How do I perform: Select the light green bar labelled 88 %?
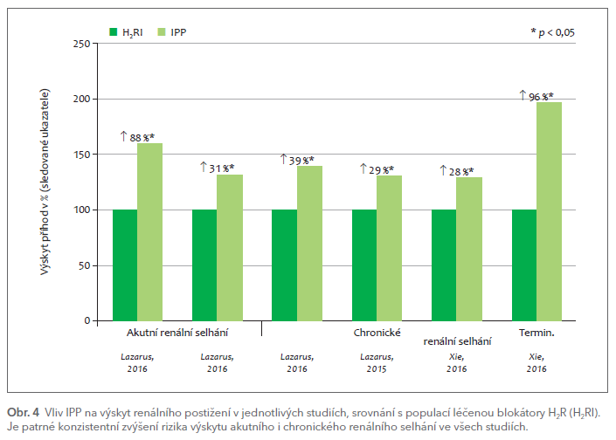pyautogui.click(x=149, y=231)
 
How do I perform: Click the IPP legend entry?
pyautogui.click(x=173, y=32)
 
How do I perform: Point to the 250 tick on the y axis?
pyautogui.click(x=80, y=44)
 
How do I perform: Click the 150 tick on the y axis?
pyautogui.click(x=80, y=155)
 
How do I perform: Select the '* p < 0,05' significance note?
pyautogui.click(x=552, y=32)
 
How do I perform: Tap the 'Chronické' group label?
pyautogui.click(x=377, y=333)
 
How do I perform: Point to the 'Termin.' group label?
pyautogui.click(x=536, y=333)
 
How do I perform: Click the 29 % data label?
pyautogui.click(x=382, y=169)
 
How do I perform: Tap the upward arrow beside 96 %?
pyautogui.click(x=523, y=95)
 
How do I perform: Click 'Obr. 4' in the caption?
pyautogui.click(x=23, y=411)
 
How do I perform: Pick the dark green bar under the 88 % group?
pyautogui.click(x=125, y=265)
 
